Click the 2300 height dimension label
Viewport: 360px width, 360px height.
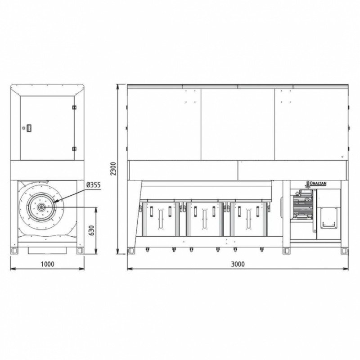tap(114, 169)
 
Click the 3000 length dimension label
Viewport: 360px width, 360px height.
tap(238, 264)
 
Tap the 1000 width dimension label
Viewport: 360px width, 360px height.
tap(48, 264)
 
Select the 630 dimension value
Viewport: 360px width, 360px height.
tap(91, 230)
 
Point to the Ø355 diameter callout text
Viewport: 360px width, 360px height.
tap(94, 185)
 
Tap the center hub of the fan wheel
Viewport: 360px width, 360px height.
tap(41, 207)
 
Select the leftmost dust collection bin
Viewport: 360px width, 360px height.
tap(161, 219)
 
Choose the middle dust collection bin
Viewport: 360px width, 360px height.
tap(205, 219)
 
